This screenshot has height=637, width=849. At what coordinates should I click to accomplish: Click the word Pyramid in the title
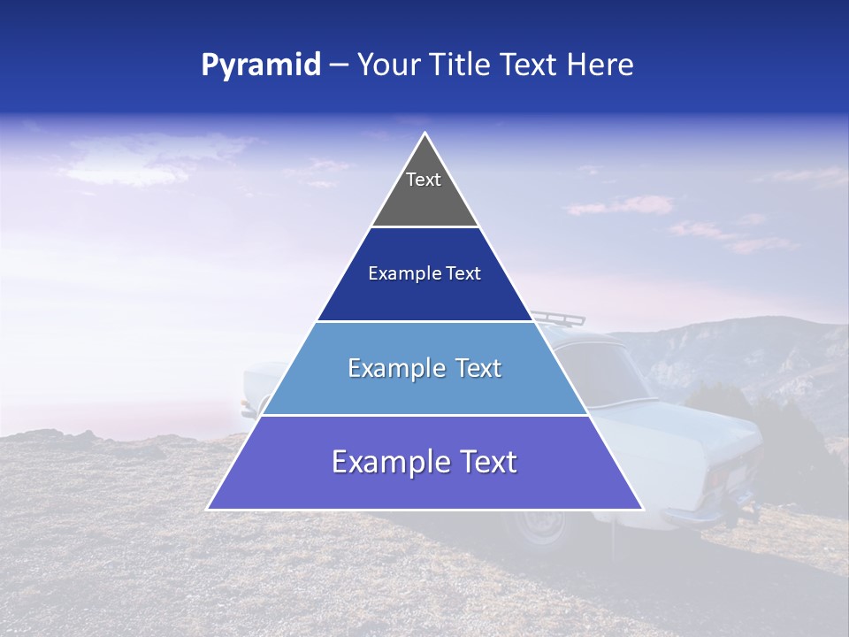click(x=261, y=65)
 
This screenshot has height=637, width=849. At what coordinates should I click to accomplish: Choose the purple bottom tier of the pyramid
click(x=424, y=487)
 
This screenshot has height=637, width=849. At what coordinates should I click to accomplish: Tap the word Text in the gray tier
click(x=424, y=180)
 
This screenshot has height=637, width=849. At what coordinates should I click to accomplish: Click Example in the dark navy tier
click(x=397, y=274)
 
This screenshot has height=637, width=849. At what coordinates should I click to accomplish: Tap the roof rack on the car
click(x=553, y=316)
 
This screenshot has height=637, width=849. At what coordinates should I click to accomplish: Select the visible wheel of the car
click(x=539, y=528)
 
